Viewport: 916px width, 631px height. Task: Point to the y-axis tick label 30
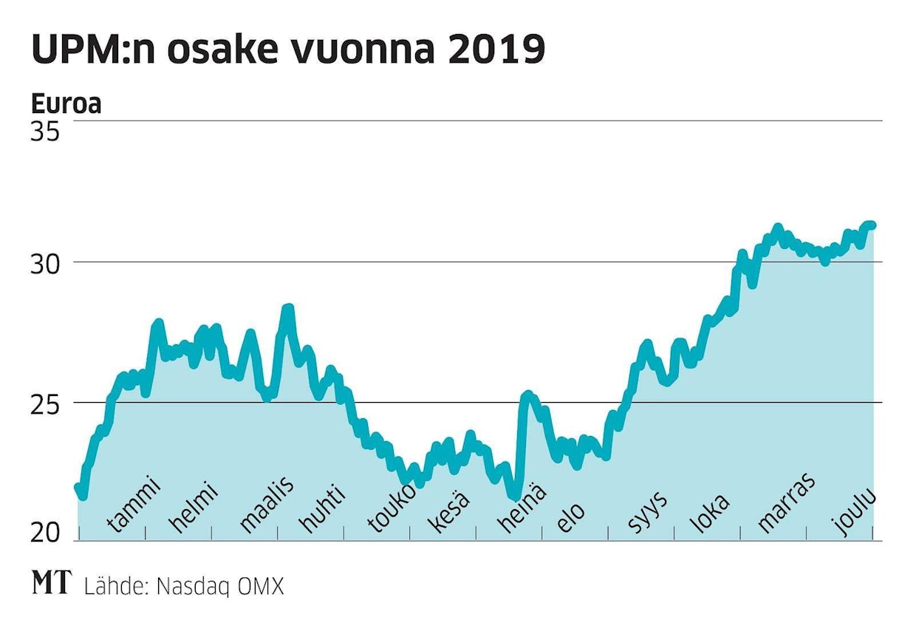point(46,263)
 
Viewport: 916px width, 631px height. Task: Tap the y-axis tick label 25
point(46,403)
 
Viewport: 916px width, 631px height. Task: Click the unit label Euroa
point(66,105)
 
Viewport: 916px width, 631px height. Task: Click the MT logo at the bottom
point(52,583)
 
